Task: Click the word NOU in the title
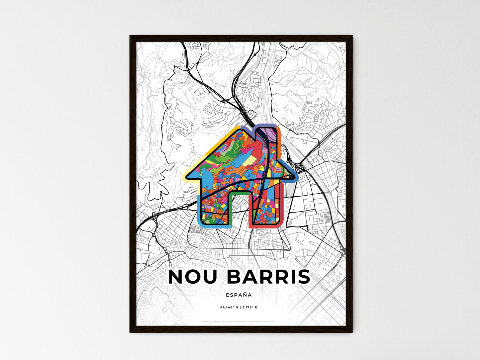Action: pos(194,277)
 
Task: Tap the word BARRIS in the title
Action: pos(268,277)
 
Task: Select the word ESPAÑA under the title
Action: pos(239,295)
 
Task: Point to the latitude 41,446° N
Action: pos(229,308)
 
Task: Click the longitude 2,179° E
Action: pos(249,308)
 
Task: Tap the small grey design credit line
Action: pos(239,321)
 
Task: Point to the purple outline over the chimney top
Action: pos(266,125)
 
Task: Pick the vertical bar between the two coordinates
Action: pos(239,308)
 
